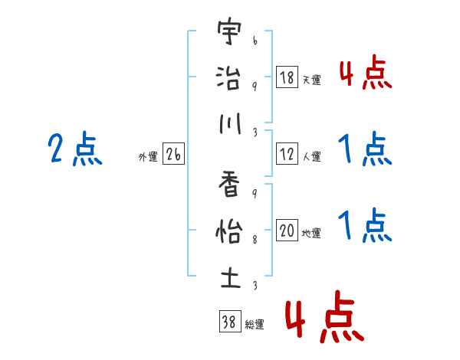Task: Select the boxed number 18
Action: pyautogui.click(x=287, y=77)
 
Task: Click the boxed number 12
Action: pyautogui.click(x=287, y=154)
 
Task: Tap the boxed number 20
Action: pyautogui.click(x=287, y=231)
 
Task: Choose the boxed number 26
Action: pyautogui.click(x=173, y=155)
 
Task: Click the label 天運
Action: pyautogui.click(x=310, y=80)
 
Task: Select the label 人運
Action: pyautogui.click(x=310, y=156)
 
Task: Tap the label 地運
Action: pyautogui.click(x=310, y=234)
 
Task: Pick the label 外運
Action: pyautogui.click(x=147, y=157)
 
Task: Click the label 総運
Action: pyautogui.click(x=254, y=324)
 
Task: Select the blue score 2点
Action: pyautogui.click(x=75, y=150)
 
